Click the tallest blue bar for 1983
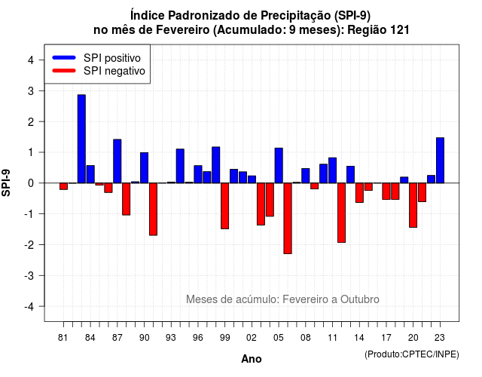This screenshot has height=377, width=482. tap(81, 139)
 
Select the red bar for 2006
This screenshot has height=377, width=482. tap(288, 218)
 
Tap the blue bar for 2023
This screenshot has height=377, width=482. tap(440, 161)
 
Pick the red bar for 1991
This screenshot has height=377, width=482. tap(153, 210)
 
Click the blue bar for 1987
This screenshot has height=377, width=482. tap(117, 161)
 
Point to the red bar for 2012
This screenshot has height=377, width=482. tap(341, 213)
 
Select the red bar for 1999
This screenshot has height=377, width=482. tap(224, 206)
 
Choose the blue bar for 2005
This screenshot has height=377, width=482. tap(279, 166)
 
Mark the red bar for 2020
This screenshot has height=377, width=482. tap(413, 205)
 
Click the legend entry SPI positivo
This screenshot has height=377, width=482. tap(112, 58)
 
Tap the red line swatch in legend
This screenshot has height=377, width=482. tap(64, 71)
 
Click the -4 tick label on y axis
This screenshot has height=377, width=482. tap(29, 306)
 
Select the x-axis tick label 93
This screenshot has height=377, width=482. tap(171, 338)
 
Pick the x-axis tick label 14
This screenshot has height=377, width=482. tap(358, 338)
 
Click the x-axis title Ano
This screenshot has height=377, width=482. tap(252, 359)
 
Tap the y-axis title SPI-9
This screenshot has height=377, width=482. tap(6, 182)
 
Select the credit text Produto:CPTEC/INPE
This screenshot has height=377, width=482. tap(412, 354)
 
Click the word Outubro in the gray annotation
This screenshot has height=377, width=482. tap(360, 299)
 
